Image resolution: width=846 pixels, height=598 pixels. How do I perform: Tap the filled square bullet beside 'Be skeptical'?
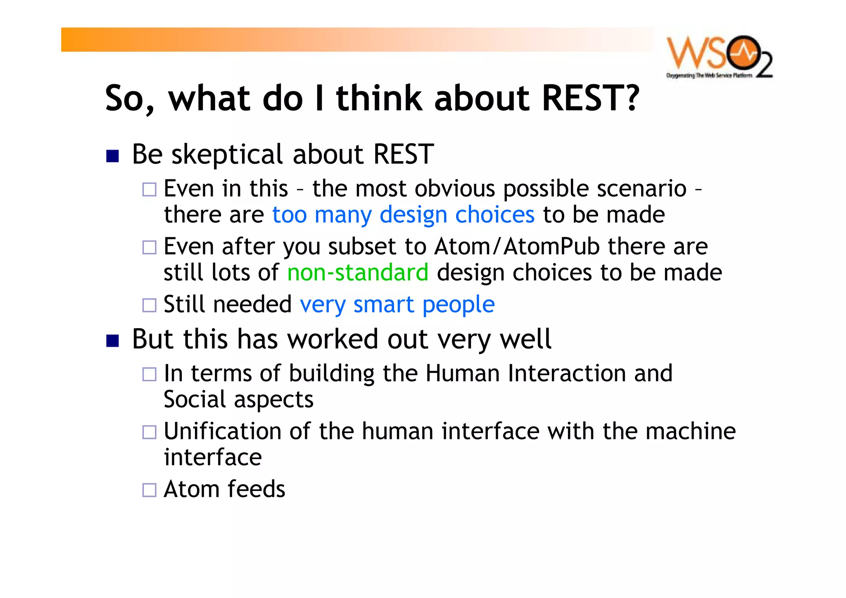[112, 156]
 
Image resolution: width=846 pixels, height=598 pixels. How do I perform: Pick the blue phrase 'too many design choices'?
[403, 215]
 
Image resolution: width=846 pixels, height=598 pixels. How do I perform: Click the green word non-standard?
[358, 273]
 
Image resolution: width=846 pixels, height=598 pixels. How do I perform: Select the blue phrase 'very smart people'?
[397, 305]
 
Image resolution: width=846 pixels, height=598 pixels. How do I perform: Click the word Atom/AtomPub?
[517, 247]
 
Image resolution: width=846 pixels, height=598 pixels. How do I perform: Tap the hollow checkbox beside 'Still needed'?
[149, 305]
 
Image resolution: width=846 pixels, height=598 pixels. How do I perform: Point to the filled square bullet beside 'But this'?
[112, 341]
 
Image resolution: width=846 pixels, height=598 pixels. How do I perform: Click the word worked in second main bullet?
[333, 339]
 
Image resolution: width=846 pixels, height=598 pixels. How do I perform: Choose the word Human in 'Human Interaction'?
[463, 373]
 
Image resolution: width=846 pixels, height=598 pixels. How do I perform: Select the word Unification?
[222, 431]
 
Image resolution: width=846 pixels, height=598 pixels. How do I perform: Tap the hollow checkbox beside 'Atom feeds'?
[149, 490]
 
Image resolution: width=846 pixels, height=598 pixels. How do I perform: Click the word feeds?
[256, 489]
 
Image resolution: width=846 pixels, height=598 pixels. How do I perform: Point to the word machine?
[690, 431]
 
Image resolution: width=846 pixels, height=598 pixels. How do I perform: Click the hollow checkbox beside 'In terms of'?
[149, 374]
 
